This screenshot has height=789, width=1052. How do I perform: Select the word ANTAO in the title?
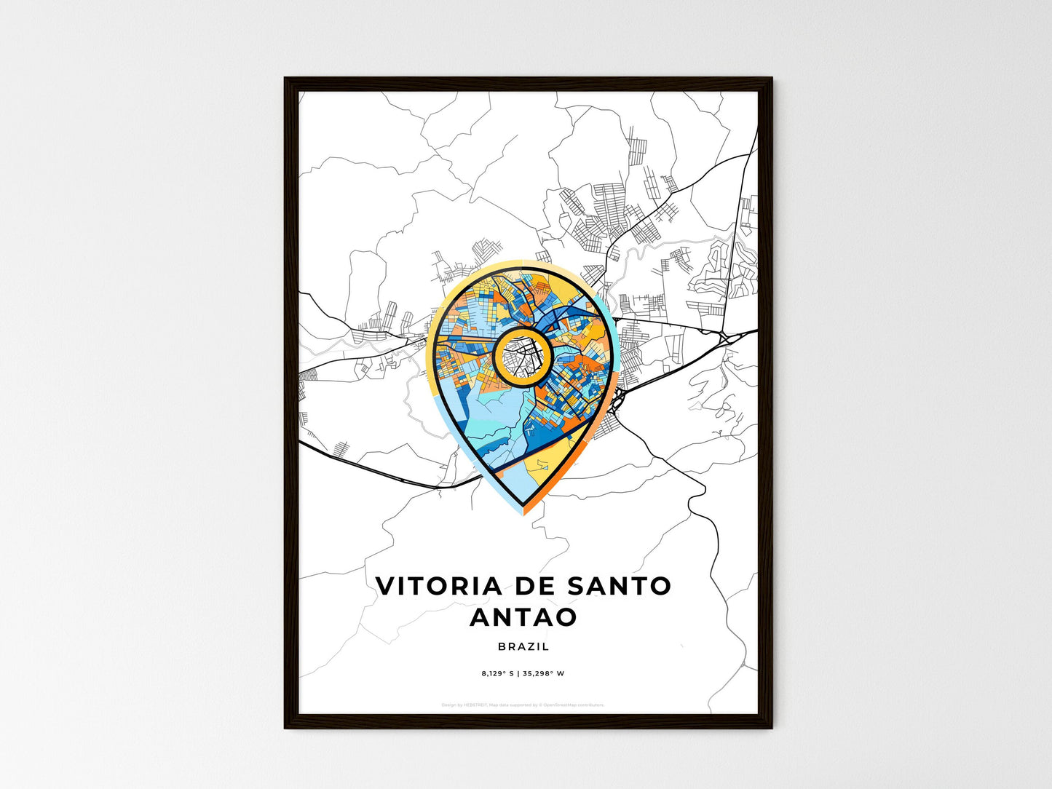[x=523, y=617]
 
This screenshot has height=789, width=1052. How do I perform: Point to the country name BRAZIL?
[x=523, y=646]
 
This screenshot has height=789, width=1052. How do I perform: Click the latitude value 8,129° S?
[x=498, y=673]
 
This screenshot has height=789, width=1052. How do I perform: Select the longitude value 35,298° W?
[x=543, y=673]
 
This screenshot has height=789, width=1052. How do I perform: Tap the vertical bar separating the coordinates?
[x=518, y=673]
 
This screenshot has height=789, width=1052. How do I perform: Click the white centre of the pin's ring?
[x=521, y=356]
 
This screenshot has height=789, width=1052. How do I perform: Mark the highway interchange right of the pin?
[x=724, y=336]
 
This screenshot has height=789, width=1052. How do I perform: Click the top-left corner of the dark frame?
[x=286, y=79]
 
